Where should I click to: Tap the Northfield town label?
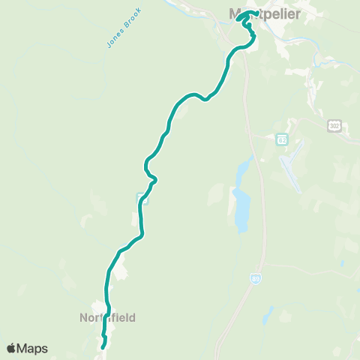click(108, 317)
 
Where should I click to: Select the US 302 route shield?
click(334, 126)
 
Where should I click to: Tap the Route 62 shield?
click(281, 140)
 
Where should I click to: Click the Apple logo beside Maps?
click(11, 348)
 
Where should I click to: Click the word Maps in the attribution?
click(33, 348)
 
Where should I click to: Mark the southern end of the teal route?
click(103, 346)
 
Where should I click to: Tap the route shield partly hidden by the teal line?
click(142, 199)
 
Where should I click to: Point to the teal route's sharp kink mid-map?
click(154, 179)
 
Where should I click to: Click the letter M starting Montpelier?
click(234, 13)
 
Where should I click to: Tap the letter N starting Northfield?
click(84, 317)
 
